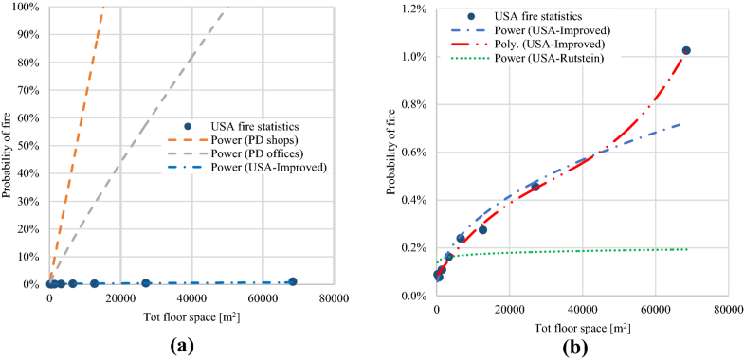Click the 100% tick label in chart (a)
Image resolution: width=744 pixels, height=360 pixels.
(27, 8)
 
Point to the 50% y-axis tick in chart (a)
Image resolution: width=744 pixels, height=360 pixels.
(29, 146)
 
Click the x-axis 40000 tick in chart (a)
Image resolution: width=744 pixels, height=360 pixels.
(191, 298)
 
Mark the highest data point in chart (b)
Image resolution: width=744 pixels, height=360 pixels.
(686, 51)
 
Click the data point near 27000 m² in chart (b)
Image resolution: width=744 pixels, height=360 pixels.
(535, 187)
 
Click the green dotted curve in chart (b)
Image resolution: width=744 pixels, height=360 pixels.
(569, 251)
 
